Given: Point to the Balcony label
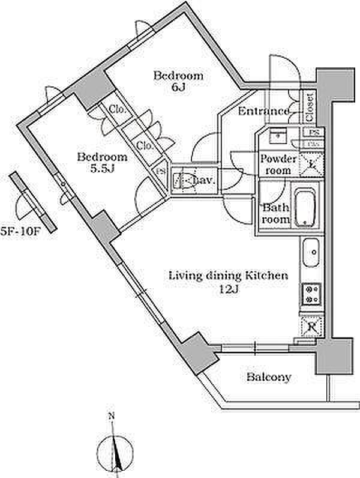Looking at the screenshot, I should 269,378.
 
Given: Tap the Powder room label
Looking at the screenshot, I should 278,165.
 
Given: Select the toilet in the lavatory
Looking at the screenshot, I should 186,180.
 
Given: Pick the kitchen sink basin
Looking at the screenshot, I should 310,254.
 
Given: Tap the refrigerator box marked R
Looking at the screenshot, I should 311,327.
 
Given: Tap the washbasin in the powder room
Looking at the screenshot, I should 277,136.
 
